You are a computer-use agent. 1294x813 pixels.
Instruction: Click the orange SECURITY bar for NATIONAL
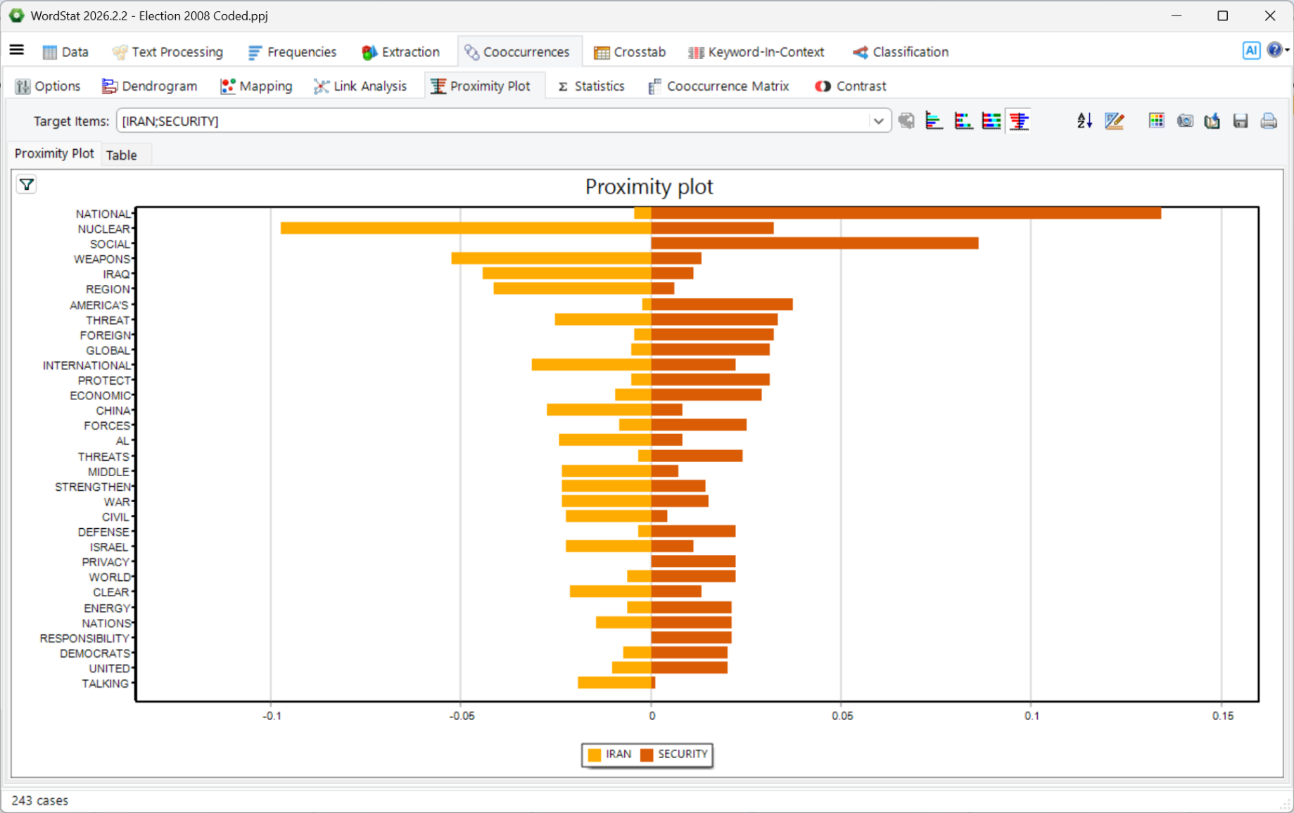pyautogui.click(x=906, y=213)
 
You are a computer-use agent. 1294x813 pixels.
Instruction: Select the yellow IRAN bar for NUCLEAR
pyautogui.click(x=466, y=229)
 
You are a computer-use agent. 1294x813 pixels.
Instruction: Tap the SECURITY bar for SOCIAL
pyautogui.click(x=815, y=243)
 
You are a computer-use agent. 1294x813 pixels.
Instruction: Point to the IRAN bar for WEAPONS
pyautogui.click(x=552, y=259)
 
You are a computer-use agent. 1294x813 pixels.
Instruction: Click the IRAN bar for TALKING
pyautogui.click(x=615, y=683)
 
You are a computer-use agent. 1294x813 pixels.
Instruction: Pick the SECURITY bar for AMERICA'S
pyautogui.click(x=722, y=305)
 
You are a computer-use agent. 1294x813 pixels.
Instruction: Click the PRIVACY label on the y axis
pyautogui.click(x=106, y=562)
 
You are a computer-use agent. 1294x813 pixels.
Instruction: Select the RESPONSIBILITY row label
pyautogui.click(x=84, y=638)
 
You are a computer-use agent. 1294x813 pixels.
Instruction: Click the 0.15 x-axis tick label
pyautogui.click(x=1223, y=716)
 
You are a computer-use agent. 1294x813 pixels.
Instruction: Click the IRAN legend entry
pyautogui.click(x=609, y=755)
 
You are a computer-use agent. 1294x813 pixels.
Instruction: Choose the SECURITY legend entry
pyautogui.click(x=674, y=755)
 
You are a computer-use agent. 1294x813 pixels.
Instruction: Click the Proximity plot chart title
pyautogui.click(x=649, y=187)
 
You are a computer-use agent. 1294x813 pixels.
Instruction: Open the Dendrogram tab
pyautogui.click(x=149, y=86)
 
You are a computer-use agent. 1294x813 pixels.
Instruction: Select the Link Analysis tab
pyautogui.click(x=360, y=86)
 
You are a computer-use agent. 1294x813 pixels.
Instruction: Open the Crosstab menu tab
pyautogui.click(x=630, y=52)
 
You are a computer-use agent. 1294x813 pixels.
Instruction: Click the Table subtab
pyautogui.click(x=121, y=155)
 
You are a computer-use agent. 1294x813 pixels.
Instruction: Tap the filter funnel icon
pyautogui.click(x=27, y=185)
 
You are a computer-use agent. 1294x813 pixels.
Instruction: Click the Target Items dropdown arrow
pyautogui.click(x=878, y=121)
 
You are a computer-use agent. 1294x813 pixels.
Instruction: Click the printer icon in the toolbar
pyautogui.click(x=1269, y=121)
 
